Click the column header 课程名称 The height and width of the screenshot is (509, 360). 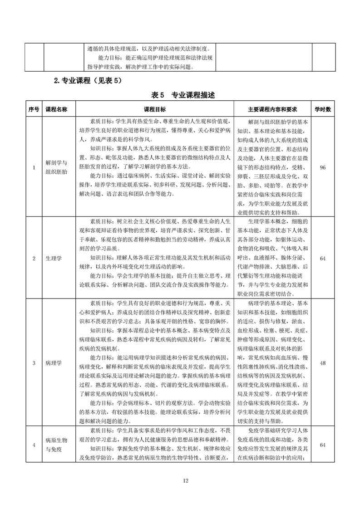[57, 109]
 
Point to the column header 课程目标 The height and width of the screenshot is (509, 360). [155, 109]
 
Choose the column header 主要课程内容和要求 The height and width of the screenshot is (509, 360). [272, 109]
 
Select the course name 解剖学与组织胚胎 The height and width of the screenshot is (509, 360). [57, 167]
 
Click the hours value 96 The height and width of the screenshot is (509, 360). [323, 167]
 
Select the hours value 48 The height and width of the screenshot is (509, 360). [323, 363]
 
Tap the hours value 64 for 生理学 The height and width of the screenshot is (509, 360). [323, 258]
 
